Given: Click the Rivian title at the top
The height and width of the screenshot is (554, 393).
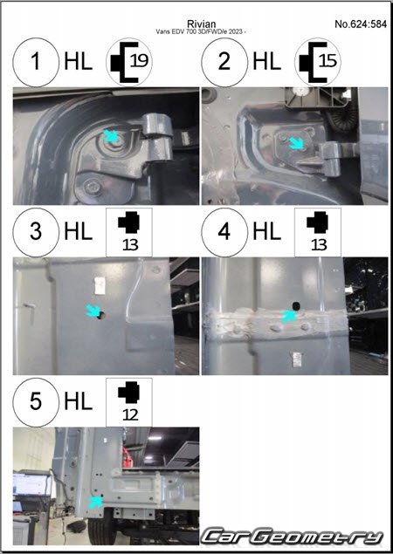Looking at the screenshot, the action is pos(201,24).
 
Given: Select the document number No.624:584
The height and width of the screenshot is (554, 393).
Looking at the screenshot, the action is pos(361,24).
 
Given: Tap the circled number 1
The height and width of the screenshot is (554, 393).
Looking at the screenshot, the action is pos(36,62).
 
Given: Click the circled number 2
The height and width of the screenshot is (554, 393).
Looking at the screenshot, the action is pos(224,62).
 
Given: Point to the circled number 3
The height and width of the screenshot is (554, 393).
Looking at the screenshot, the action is pos(36,232).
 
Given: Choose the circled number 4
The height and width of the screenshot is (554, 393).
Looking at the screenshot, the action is pos(224,232).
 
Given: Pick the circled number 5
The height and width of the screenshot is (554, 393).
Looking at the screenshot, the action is pos(36,402).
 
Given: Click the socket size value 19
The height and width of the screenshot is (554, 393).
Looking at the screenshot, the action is pos(139,61).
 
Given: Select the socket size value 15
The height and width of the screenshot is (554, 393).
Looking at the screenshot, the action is pos(327,61).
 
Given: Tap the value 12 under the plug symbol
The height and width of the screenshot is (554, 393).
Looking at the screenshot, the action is pos(130,415).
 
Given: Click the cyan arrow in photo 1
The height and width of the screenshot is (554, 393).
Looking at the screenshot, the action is pos(111,136).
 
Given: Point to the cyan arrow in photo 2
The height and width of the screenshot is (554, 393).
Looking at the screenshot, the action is pos(296,143).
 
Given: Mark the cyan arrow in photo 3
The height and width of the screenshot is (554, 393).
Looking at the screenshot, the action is pos(93,311).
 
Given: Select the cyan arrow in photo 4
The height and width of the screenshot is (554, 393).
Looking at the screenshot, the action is pos(289,316).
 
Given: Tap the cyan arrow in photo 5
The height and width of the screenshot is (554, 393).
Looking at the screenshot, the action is pos(95,502).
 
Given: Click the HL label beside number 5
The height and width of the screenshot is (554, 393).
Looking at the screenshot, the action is pos(79,402).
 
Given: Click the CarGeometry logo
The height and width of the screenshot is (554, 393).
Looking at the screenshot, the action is pos(293,537).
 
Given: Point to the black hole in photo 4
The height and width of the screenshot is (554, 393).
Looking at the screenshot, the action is pos(295,305).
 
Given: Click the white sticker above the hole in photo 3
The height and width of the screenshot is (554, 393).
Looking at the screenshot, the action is pos(100,285).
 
